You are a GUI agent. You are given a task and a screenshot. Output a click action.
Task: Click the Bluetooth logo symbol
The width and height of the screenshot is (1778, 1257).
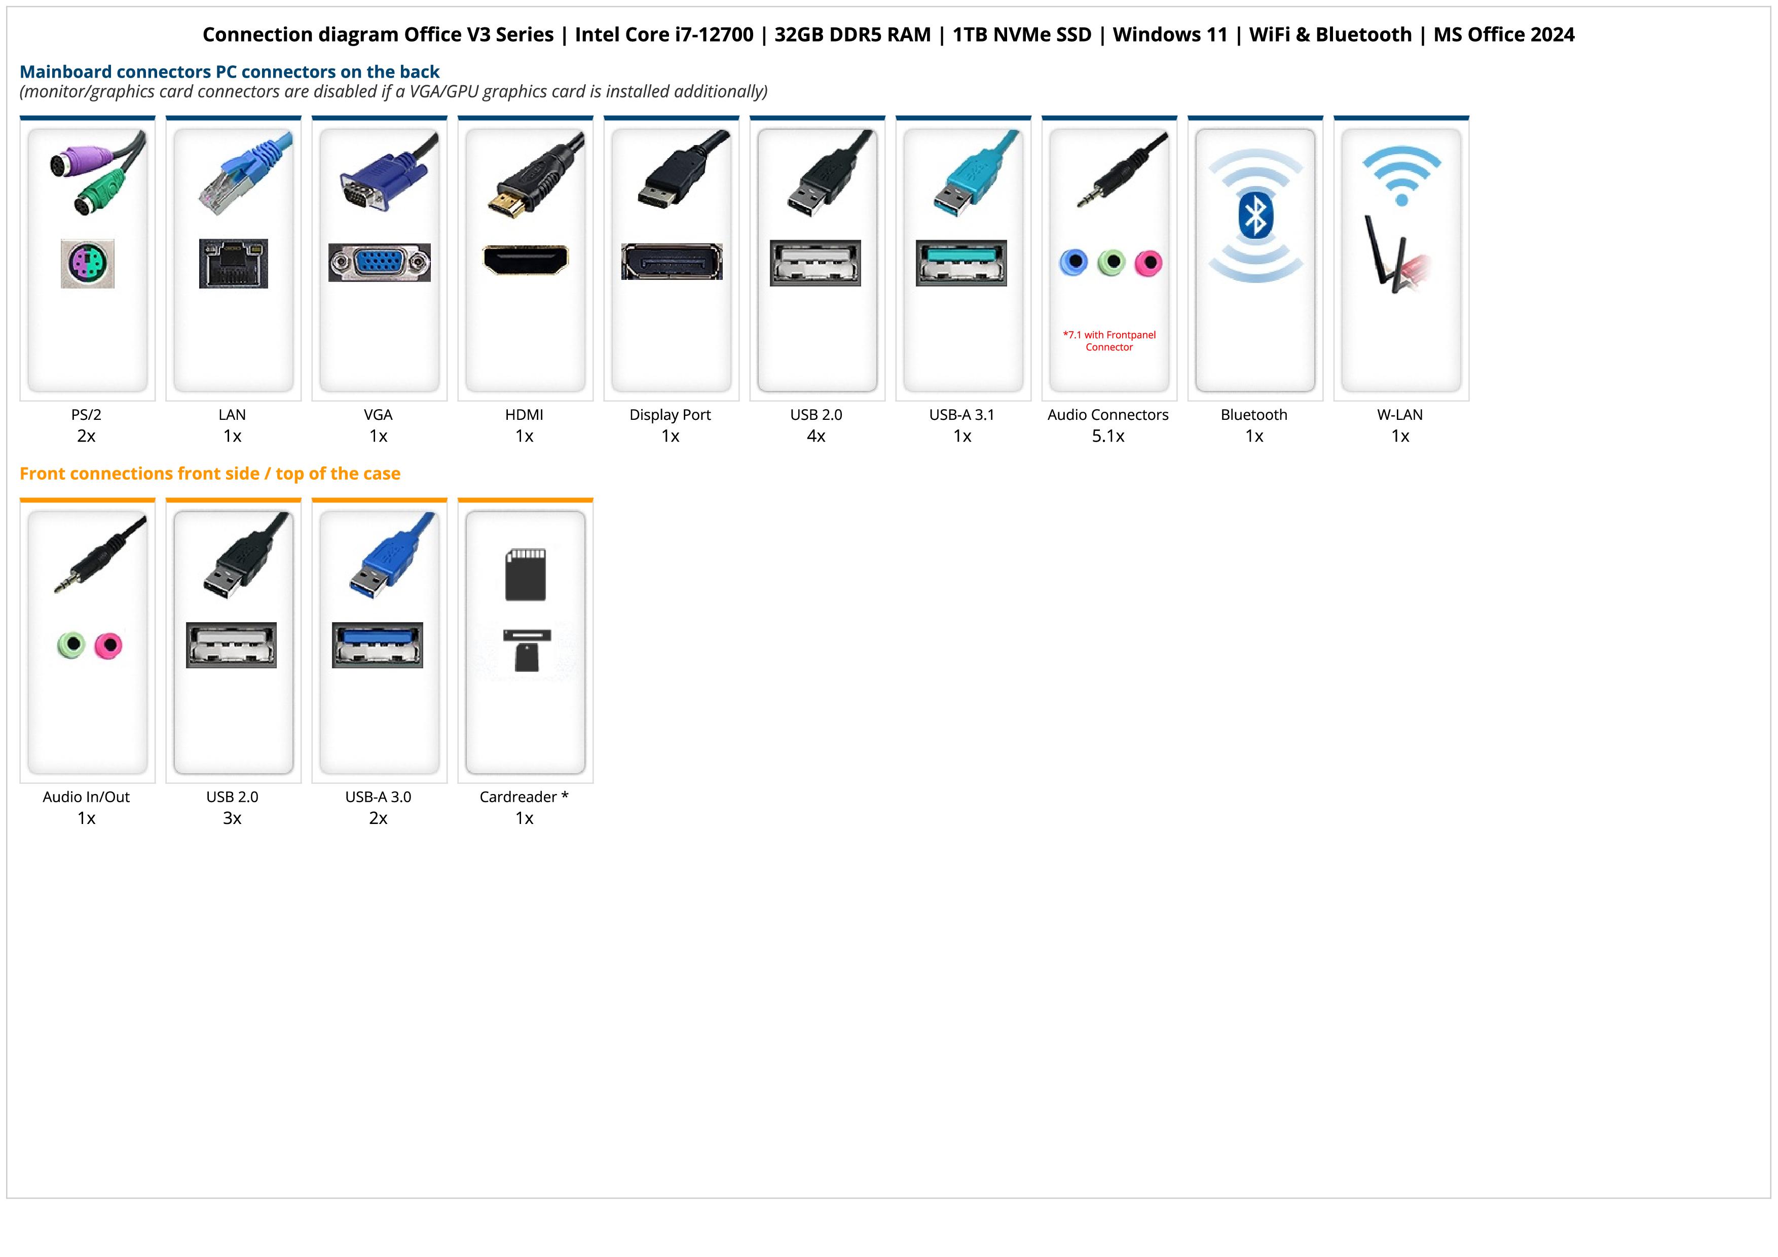coord(1255,216)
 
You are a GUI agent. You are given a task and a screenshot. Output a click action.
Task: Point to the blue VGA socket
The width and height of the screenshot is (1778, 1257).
coord(379,263)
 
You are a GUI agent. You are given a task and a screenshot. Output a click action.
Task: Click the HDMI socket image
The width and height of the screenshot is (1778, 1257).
coord(525,260)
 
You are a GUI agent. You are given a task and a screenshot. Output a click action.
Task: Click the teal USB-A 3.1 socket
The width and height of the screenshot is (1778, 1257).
coord(961,263)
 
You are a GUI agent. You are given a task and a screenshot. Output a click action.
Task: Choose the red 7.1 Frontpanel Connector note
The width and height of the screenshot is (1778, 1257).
coord(1109,341)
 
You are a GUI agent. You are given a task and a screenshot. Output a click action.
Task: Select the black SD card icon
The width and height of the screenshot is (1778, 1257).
coord(525,574)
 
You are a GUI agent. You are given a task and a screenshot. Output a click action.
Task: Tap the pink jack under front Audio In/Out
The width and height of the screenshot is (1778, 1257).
coord(108,645)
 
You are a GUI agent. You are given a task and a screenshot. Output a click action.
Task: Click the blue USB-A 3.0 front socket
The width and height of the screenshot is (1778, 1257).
coord(377,644)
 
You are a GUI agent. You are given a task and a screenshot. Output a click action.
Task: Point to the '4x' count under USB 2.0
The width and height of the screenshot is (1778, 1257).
coord(816,436)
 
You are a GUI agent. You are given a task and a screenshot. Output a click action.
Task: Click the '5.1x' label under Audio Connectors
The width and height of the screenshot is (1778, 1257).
coord(1108,436)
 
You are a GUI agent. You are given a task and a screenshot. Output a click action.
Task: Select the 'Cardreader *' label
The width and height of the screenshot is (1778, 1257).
coord(524,797)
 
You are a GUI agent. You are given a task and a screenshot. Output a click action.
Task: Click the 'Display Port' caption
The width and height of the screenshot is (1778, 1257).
coord(670,414)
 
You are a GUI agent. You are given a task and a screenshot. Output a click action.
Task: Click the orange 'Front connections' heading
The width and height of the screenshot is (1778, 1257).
coord(210,473)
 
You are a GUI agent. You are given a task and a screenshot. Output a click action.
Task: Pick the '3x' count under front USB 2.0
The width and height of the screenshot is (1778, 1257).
coord(232,818)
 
